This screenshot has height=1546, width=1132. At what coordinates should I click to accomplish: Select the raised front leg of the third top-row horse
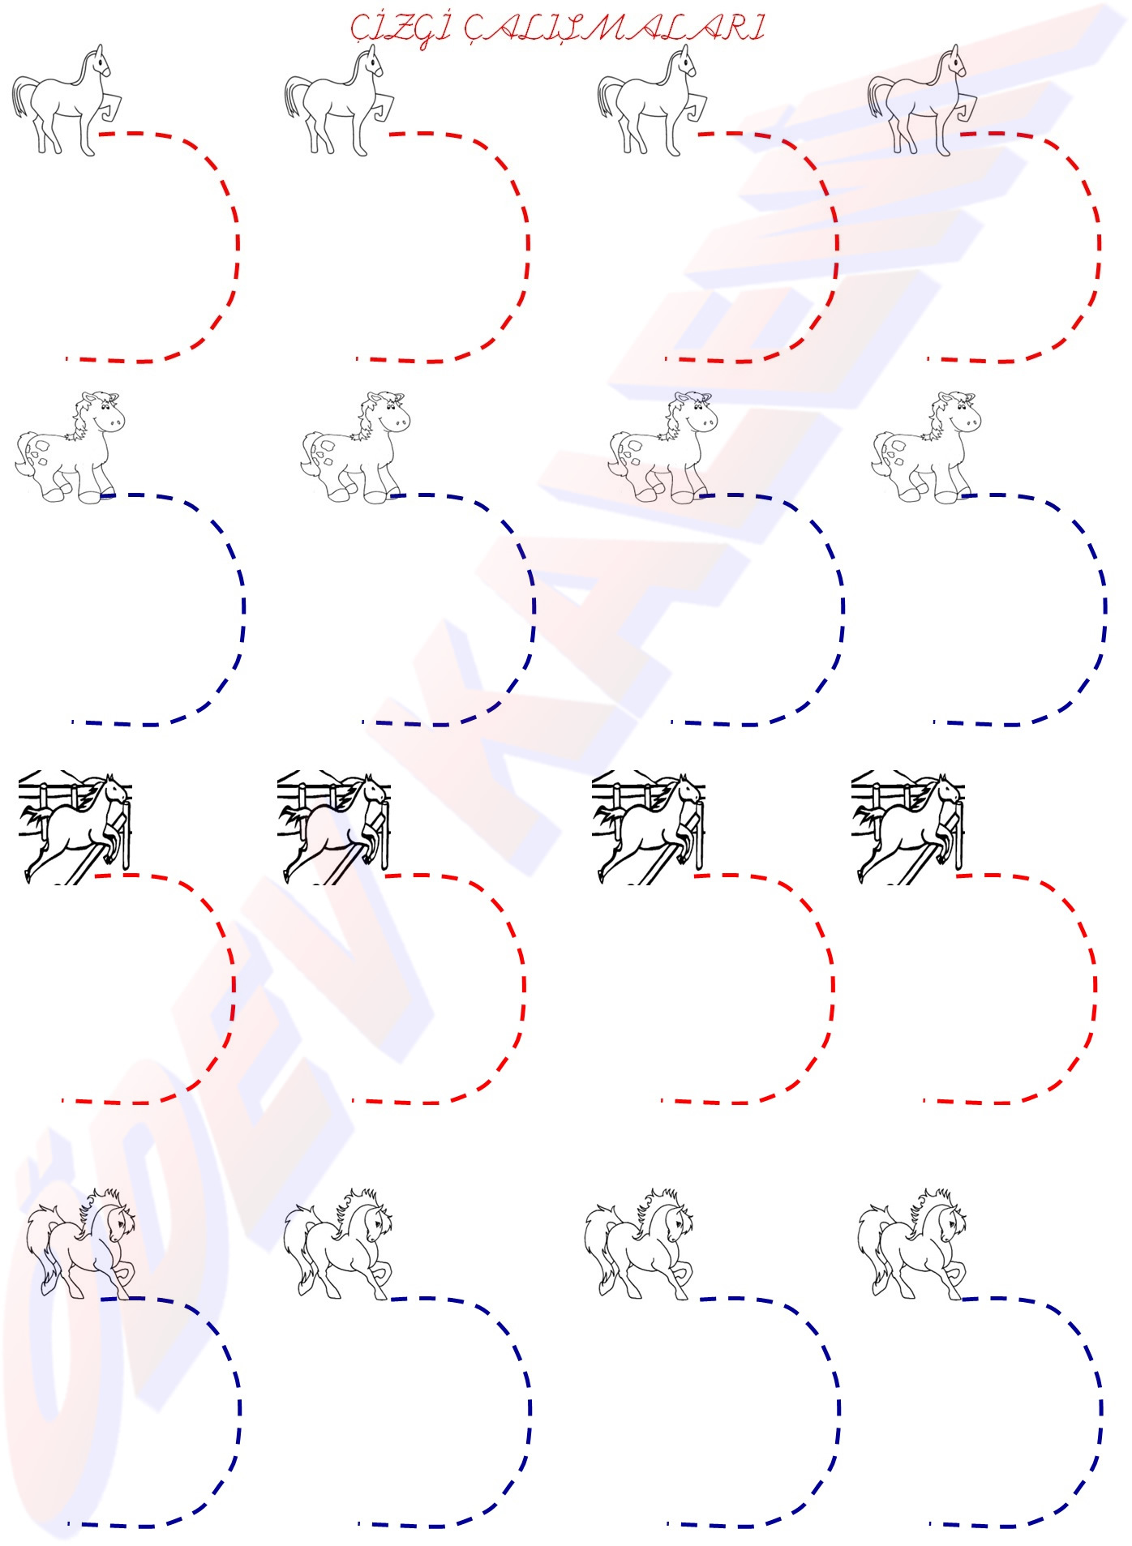(697, 109)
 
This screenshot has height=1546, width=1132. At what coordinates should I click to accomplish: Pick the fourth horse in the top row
(921, 101)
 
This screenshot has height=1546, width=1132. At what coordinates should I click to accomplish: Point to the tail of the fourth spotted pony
(881, 462)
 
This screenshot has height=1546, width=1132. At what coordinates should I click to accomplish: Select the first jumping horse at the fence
(75, 827)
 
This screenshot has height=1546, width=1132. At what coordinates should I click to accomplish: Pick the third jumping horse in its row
(649, 827)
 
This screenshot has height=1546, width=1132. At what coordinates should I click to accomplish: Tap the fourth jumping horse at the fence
(908, 827)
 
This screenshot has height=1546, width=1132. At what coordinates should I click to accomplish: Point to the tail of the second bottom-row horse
(299, 1248)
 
